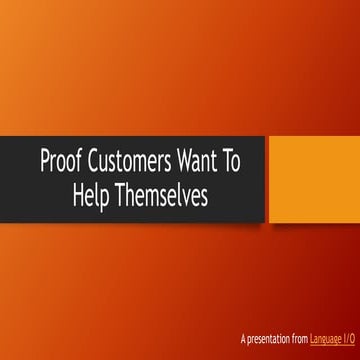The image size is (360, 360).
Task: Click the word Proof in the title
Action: (x=59, y=159)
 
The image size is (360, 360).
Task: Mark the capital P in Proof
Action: (x=43, y=159)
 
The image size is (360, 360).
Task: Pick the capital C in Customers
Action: (x=89, y=159)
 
